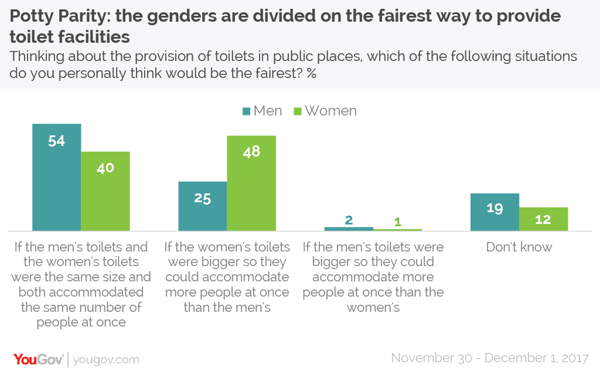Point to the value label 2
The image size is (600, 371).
pyautogui.click(x=349, y=220)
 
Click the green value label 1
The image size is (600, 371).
pyautogui.click(x=397, y=222)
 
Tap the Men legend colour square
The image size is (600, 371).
pyautogui.click(x=247, y=111)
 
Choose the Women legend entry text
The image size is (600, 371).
pyautogui.click(x=330, y=111)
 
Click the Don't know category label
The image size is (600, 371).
pyautogui.click(x=519, y=247)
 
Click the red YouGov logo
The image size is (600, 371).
pyautogui.click(x=38, y=359)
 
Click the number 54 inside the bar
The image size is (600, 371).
pyautogui.click(x=56, y=141)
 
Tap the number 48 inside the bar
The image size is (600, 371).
pyautogui.click(x=251, y=151)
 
